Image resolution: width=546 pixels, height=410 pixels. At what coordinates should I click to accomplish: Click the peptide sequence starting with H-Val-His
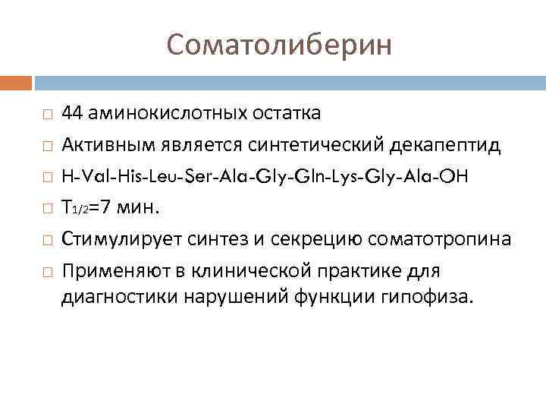[x=265, y=175]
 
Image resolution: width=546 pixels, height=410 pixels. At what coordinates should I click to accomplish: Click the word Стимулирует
[x=121, y=239]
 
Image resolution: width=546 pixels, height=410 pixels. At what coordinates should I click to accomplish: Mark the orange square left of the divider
[x=16, y=81]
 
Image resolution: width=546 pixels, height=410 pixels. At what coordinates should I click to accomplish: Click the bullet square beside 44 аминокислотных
[x=48, y=114]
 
